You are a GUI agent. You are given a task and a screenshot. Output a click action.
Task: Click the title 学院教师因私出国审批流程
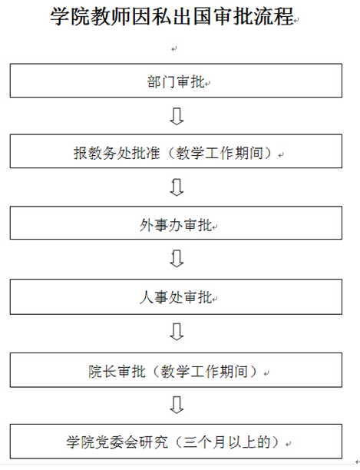(x=172, y=16)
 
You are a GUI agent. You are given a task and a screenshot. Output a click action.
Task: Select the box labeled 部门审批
(x=176, y=81)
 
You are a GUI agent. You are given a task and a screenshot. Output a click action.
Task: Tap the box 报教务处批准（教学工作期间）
(x=176, y=151)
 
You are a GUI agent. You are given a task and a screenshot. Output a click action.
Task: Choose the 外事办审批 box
(x=176, y=223)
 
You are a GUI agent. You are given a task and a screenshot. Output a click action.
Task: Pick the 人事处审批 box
(x=176, y=296)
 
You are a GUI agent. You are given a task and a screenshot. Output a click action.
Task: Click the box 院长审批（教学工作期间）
(x=176, y=370)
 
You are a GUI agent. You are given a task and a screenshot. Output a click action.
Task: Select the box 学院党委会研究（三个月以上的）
(x=176, y=442)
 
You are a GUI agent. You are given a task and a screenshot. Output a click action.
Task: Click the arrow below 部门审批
(x=177, y=116)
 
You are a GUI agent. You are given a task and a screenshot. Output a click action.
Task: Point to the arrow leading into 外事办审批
(x=177, y=187)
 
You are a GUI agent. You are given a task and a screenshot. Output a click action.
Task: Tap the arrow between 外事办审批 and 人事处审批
(x=177, y=259)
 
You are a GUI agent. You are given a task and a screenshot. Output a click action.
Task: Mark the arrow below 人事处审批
(x=177, y=332)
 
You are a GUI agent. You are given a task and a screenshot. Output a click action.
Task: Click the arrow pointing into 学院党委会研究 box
(x=177, y=405)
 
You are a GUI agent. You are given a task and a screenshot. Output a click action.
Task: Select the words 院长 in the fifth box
(x=103, y=372)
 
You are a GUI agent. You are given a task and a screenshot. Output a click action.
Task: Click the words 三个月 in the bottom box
(x=205, y=442)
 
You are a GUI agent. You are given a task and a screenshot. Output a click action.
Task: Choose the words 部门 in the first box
(x=161, y=82)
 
